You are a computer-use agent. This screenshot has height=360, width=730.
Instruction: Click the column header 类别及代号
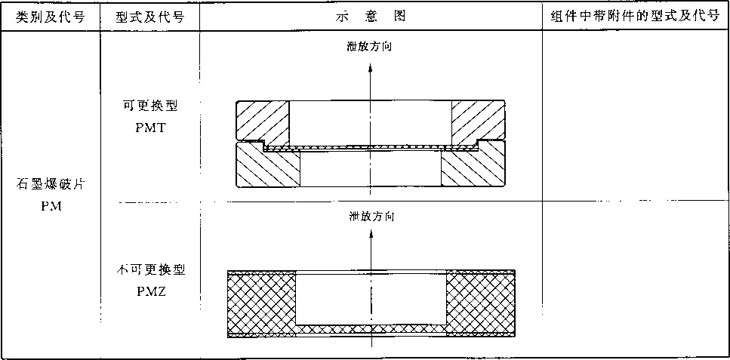click(51, 17)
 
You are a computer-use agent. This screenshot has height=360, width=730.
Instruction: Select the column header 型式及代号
click(150, 17)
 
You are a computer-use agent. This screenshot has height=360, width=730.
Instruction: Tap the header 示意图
click(371, 17)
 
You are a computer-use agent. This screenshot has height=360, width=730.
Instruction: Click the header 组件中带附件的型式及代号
click(636, 17)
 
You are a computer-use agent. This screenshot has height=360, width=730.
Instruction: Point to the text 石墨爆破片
click(51, 186)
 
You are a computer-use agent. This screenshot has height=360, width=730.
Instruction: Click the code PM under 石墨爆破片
click(51, 205)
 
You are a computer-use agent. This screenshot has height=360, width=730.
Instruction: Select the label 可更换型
click(150, 106)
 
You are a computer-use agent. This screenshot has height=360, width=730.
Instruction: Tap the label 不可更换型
click(150, 270)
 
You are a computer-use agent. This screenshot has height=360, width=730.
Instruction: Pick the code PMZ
click(150, 292)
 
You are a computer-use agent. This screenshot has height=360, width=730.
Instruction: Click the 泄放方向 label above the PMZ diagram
click(371, 217)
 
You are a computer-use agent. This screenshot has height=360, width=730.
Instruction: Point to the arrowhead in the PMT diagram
click(371, 69)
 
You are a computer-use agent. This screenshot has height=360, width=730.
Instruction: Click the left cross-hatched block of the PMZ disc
click(262, 303)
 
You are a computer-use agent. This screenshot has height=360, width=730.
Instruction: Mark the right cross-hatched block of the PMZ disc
click(481, 303)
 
